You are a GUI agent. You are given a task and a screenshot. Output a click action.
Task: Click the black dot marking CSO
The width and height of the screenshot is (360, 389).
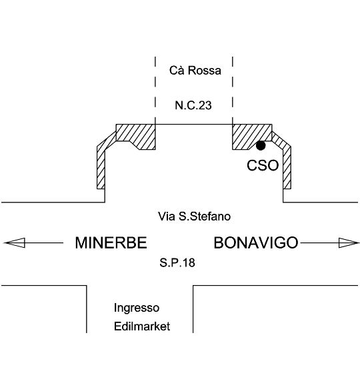coord(261,145)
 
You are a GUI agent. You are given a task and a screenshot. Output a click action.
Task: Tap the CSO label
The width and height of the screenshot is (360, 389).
coord(263,165)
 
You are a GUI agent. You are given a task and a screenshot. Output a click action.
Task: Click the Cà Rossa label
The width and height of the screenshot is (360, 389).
coord(195,70)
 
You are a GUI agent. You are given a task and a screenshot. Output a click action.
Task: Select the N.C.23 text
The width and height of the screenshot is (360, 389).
coord(193,105)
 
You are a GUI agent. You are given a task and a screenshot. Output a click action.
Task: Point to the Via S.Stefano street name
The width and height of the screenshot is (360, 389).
coord(195,216)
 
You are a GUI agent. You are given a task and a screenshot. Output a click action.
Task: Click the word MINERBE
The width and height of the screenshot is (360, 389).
coord(111,242)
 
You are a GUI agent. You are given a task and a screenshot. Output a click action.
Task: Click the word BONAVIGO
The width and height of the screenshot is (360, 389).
coord(256,242)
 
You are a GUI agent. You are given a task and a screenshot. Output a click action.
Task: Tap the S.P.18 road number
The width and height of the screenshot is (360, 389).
coord(177,262)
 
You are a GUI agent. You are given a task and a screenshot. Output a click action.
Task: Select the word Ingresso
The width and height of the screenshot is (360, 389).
coord(137,308)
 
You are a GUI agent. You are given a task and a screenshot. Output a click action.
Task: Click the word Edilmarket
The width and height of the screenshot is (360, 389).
coord(142,326)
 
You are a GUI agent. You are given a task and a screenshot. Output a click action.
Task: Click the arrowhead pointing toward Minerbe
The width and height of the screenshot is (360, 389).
coord(15,242)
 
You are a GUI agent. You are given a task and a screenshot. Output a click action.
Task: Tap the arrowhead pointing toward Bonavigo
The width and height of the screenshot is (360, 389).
coord(349,243)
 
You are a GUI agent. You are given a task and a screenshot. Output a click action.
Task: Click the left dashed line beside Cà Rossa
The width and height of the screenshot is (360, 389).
coord(155,91)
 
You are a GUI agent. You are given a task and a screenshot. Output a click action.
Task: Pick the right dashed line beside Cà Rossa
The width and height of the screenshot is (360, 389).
coord(233,91)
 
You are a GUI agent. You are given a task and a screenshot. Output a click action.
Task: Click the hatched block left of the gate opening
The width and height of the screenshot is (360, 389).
coord(136,137)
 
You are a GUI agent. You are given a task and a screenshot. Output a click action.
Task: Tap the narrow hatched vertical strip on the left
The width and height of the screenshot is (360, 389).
coord(101,167)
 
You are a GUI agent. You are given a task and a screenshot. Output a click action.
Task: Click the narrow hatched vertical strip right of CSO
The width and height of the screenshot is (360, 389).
coord(287,167)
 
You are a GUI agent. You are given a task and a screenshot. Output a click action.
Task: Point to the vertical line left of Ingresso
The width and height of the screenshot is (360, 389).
coord(87,309)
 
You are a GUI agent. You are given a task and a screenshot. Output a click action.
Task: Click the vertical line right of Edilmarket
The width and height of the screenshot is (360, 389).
coord(193,309)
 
